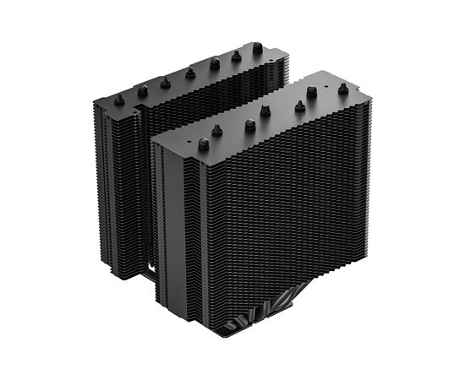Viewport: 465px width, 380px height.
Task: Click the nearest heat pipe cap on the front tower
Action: click(204, 144)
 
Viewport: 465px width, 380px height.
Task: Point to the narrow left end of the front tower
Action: click(169, 220)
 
